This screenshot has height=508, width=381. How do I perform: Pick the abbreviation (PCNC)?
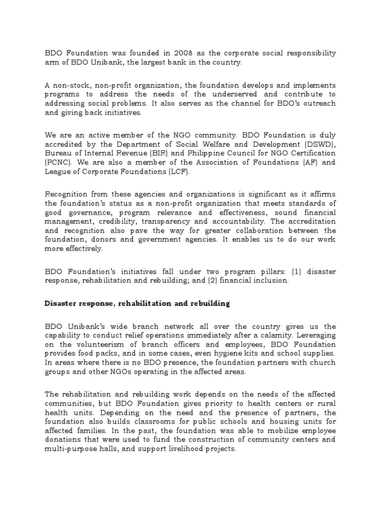pyautogui.click(x=60, y=162)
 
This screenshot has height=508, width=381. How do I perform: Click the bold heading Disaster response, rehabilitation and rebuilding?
pyautogui.click(x=137, y=304)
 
